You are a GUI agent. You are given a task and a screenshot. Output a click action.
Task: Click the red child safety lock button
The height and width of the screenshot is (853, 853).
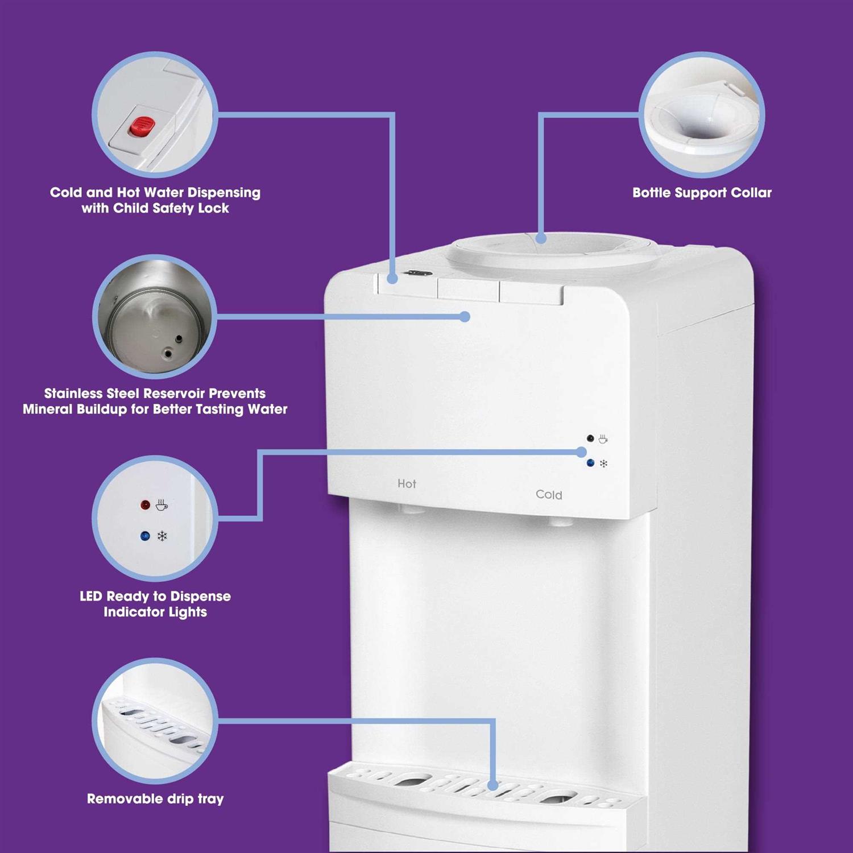[142, 127]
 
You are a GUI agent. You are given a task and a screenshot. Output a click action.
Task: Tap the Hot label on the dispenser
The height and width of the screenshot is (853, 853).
[407, 484]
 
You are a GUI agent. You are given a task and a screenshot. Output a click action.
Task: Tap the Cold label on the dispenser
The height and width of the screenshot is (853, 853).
[549, 495]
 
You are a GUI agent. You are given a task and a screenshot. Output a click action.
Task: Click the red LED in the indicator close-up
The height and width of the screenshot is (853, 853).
[146, 505]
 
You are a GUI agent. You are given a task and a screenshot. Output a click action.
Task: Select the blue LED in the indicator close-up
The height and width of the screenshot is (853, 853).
[145, 536]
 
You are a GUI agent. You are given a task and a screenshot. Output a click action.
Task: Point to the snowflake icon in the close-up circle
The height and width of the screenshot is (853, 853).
[162, 536]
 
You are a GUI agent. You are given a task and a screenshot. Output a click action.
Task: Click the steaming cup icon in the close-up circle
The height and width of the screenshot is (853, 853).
[162, 504]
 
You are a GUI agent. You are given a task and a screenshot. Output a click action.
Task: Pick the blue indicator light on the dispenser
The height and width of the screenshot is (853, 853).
[590, 463]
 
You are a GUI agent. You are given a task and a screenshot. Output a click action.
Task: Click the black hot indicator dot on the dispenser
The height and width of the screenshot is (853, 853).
[590, 438]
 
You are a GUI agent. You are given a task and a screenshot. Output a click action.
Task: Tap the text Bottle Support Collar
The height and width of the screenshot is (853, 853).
[702, 193]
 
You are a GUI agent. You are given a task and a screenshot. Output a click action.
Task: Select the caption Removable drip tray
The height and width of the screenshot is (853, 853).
[155, 799]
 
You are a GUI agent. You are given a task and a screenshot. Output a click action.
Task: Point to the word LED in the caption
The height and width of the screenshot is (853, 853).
[90, 597]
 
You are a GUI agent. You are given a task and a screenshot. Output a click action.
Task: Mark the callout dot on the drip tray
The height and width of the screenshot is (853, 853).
[493, 785]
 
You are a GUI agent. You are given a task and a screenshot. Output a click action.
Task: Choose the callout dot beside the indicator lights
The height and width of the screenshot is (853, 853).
[581, 452]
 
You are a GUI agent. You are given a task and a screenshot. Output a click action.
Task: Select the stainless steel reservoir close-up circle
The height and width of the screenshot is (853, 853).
[155, 317]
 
